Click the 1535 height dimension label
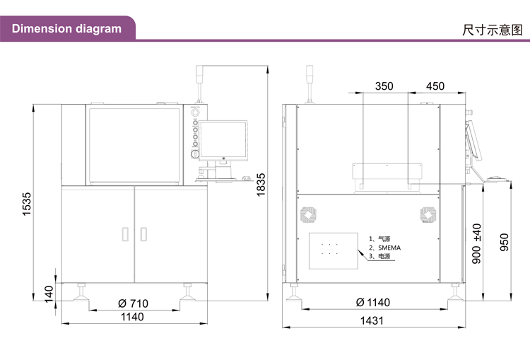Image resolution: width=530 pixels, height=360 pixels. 27,204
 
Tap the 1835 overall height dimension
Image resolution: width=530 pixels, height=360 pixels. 261,185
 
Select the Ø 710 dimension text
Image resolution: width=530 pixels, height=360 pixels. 133,303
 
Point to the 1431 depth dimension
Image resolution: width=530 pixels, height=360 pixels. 372,320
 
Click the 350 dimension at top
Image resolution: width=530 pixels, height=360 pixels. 384,86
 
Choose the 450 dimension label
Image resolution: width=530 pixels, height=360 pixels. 435,86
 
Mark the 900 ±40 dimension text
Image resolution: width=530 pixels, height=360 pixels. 476,243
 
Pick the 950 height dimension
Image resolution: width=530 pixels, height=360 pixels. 504,243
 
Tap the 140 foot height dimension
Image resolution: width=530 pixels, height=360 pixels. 49,294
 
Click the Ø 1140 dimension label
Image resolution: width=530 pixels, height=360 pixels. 373,302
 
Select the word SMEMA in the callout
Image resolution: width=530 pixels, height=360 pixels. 389,248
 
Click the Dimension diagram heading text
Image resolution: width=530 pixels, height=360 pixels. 66,29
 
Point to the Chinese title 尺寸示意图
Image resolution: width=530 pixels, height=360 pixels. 492,30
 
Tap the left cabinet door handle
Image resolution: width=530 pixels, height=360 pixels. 125,234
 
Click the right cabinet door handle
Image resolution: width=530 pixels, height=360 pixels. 143,234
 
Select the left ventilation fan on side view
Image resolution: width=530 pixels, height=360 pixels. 308,215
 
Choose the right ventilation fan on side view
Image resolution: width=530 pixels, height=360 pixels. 428,215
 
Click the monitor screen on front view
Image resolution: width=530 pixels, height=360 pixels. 223,140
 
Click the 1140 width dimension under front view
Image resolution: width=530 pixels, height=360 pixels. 132,317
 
